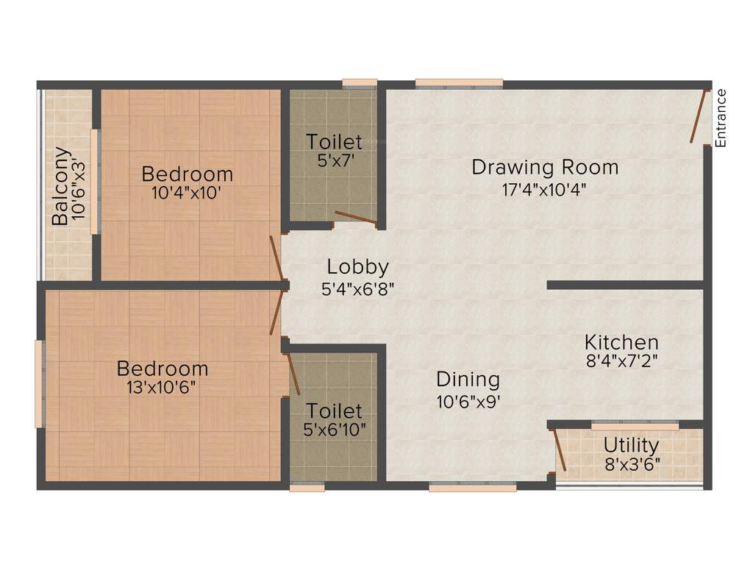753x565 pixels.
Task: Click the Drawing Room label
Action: coord(545,167)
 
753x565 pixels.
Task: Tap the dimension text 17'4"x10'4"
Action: coord(544,189)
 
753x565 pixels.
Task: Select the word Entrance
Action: coord(721,118)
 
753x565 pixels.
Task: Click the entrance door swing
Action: coord(698,116)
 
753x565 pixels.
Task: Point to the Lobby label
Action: coord(357,267)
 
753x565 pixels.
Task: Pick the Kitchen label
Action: coord(621,342)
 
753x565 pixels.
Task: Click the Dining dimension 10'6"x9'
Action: coord(468,402)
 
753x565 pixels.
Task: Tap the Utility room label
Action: coord(631,445)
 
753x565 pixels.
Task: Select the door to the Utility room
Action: coord(559,449)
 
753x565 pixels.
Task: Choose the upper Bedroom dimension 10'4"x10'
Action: coord(187,194)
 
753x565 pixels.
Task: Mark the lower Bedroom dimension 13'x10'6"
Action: coord(161,387)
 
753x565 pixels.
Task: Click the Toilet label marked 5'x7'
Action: coord(334,141)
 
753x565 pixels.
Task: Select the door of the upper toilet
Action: coord(355,217)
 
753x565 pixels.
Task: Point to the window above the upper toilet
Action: coord(360,83)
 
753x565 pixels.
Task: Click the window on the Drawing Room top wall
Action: coord(459,83)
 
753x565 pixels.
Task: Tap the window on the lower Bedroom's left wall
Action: coord(40,383)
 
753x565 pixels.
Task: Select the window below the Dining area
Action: coord(473,486)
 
